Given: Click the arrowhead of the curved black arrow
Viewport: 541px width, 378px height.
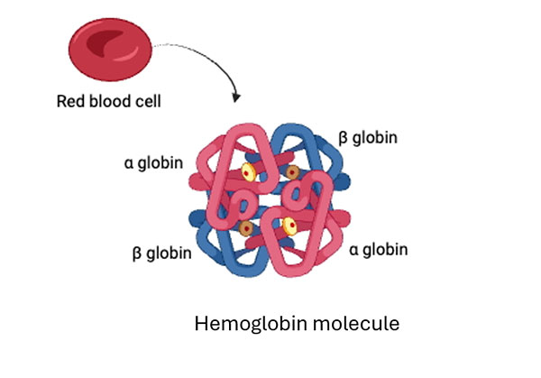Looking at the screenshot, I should [236, 97].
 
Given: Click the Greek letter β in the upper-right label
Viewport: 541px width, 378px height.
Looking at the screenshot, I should [343, 138].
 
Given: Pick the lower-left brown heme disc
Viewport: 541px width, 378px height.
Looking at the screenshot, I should [245, 229].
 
